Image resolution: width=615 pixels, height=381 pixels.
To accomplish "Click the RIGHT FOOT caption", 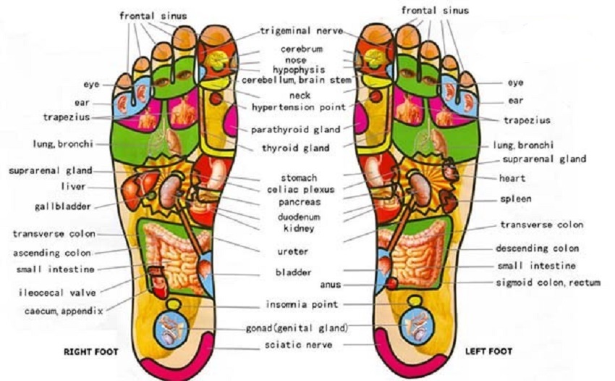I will pyautogui.click(x=90, y=353).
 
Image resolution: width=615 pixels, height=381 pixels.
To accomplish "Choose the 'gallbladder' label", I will pyautogui.click(x=63, y=206).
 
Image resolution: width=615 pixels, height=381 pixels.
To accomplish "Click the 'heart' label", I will pyautogui.click(x=512, y=178).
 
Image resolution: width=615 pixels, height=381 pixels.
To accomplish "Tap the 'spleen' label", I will pyautogui.click(x=515, y=199).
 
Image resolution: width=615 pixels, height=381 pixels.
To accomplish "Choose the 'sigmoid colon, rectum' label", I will pyautogui.click(x=548, y=282).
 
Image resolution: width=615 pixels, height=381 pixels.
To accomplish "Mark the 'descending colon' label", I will pyautogui.click(x=537, y=248).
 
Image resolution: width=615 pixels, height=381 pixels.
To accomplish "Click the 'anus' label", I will pyautogui.click(x=330, y=285).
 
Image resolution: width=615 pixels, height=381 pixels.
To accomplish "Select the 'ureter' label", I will pyautogui.click(x=293, y=251).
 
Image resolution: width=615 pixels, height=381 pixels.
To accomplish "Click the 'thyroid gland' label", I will pyautogui.click(x=296, y=148).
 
